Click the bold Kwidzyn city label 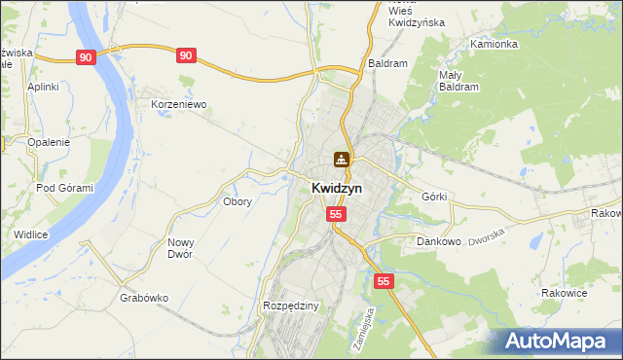pos(338,189)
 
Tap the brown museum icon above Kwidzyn pos(342,159)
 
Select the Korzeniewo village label pos(179,104)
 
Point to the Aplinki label pos(44,87)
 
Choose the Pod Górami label pos(64,188)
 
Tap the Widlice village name pos(31,234)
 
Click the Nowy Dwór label pos(181,248)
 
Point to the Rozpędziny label pos(291,306)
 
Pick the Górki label pos(434,197)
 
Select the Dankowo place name pos(438,240)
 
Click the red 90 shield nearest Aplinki pos(87,57)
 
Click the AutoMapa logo pos(556,341)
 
